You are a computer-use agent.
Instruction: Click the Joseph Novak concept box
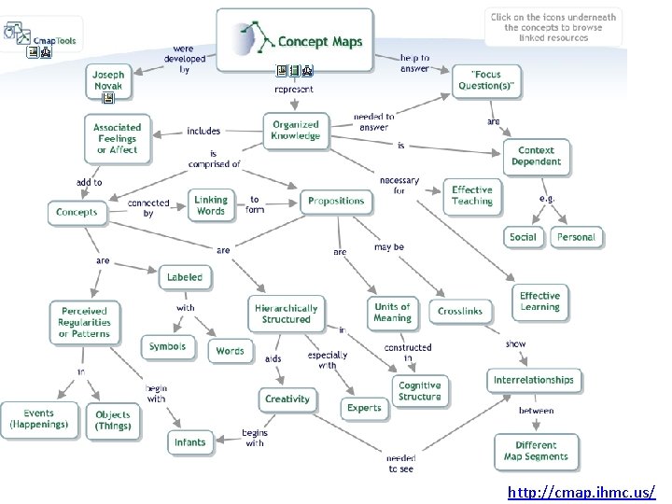(108, 80)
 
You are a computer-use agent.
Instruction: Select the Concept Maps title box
(295, 41)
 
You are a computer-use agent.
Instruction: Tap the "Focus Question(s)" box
(485, 80)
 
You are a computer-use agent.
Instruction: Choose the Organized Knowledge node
(296, 130)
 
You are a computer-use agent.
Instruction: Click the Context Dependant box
(537, 156)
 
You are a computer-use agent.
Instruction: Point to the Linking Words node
(211, 205)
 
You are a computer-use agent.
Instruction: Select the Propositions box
(336, 201)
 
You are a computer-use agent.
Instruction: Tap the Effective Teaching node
(472, 194)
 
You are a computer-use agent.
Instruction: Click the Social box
(523, 237)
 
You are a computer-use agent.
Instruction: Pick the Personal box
(576, 237)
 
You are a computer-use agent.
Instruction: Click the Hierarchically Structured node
(287, 314)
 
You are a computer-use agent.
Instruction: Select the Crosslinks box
(461, 312)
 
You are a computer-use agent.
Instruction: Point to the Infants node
(190, 442)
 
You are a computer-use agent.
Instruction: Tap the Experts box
(364, 408)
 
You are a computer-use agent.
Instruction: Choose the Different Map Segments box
(536, 451)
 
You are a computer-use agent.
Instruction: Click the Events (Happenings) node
(40, 419)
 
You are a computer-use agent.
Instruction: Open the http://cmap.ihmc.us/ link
(581, 491)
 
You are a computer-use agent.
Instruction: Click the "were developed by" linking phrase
(184, 58)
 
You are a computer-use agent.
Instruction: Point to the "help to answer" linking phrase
(415, 63)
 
